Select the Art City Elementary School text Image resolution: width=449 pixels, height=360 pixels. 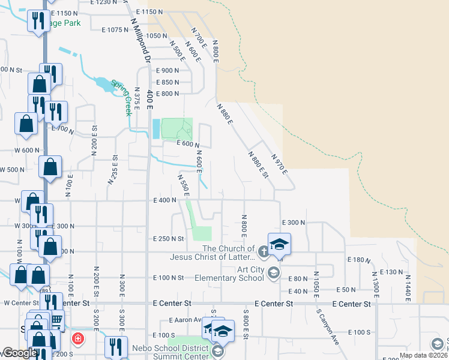pyautogui.click(x=230, y=273)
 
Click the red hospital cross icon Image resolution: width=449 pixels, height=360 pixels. pyautogui.click(x=78, y=339)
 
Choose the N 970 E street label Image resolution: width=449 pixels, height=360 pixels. pyautogui.click(x=280, y=164)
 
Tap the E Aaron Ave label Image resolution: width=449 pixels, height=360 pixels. pyautogui.click(x=187, y=320)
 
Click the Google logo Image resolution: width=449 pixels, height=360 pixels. pyautogui.click(x=19, y=353)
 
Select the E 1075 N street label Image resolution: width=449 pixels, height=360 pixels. pyautogui.click(x=119, y=29)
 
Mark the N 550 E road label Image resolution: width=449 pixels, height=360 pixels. pyautogui.click(x=183, y=185)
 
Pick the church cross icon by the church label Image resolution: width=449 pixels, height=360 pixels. pyautogui.click(x=265, y=249)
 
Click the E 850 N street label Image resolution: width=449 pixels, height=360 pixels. pyautogui.click(x=167, y=82)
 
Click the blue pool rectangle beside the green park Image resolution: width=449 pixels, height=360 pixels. pyautogui.click(x=156, y=128)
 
